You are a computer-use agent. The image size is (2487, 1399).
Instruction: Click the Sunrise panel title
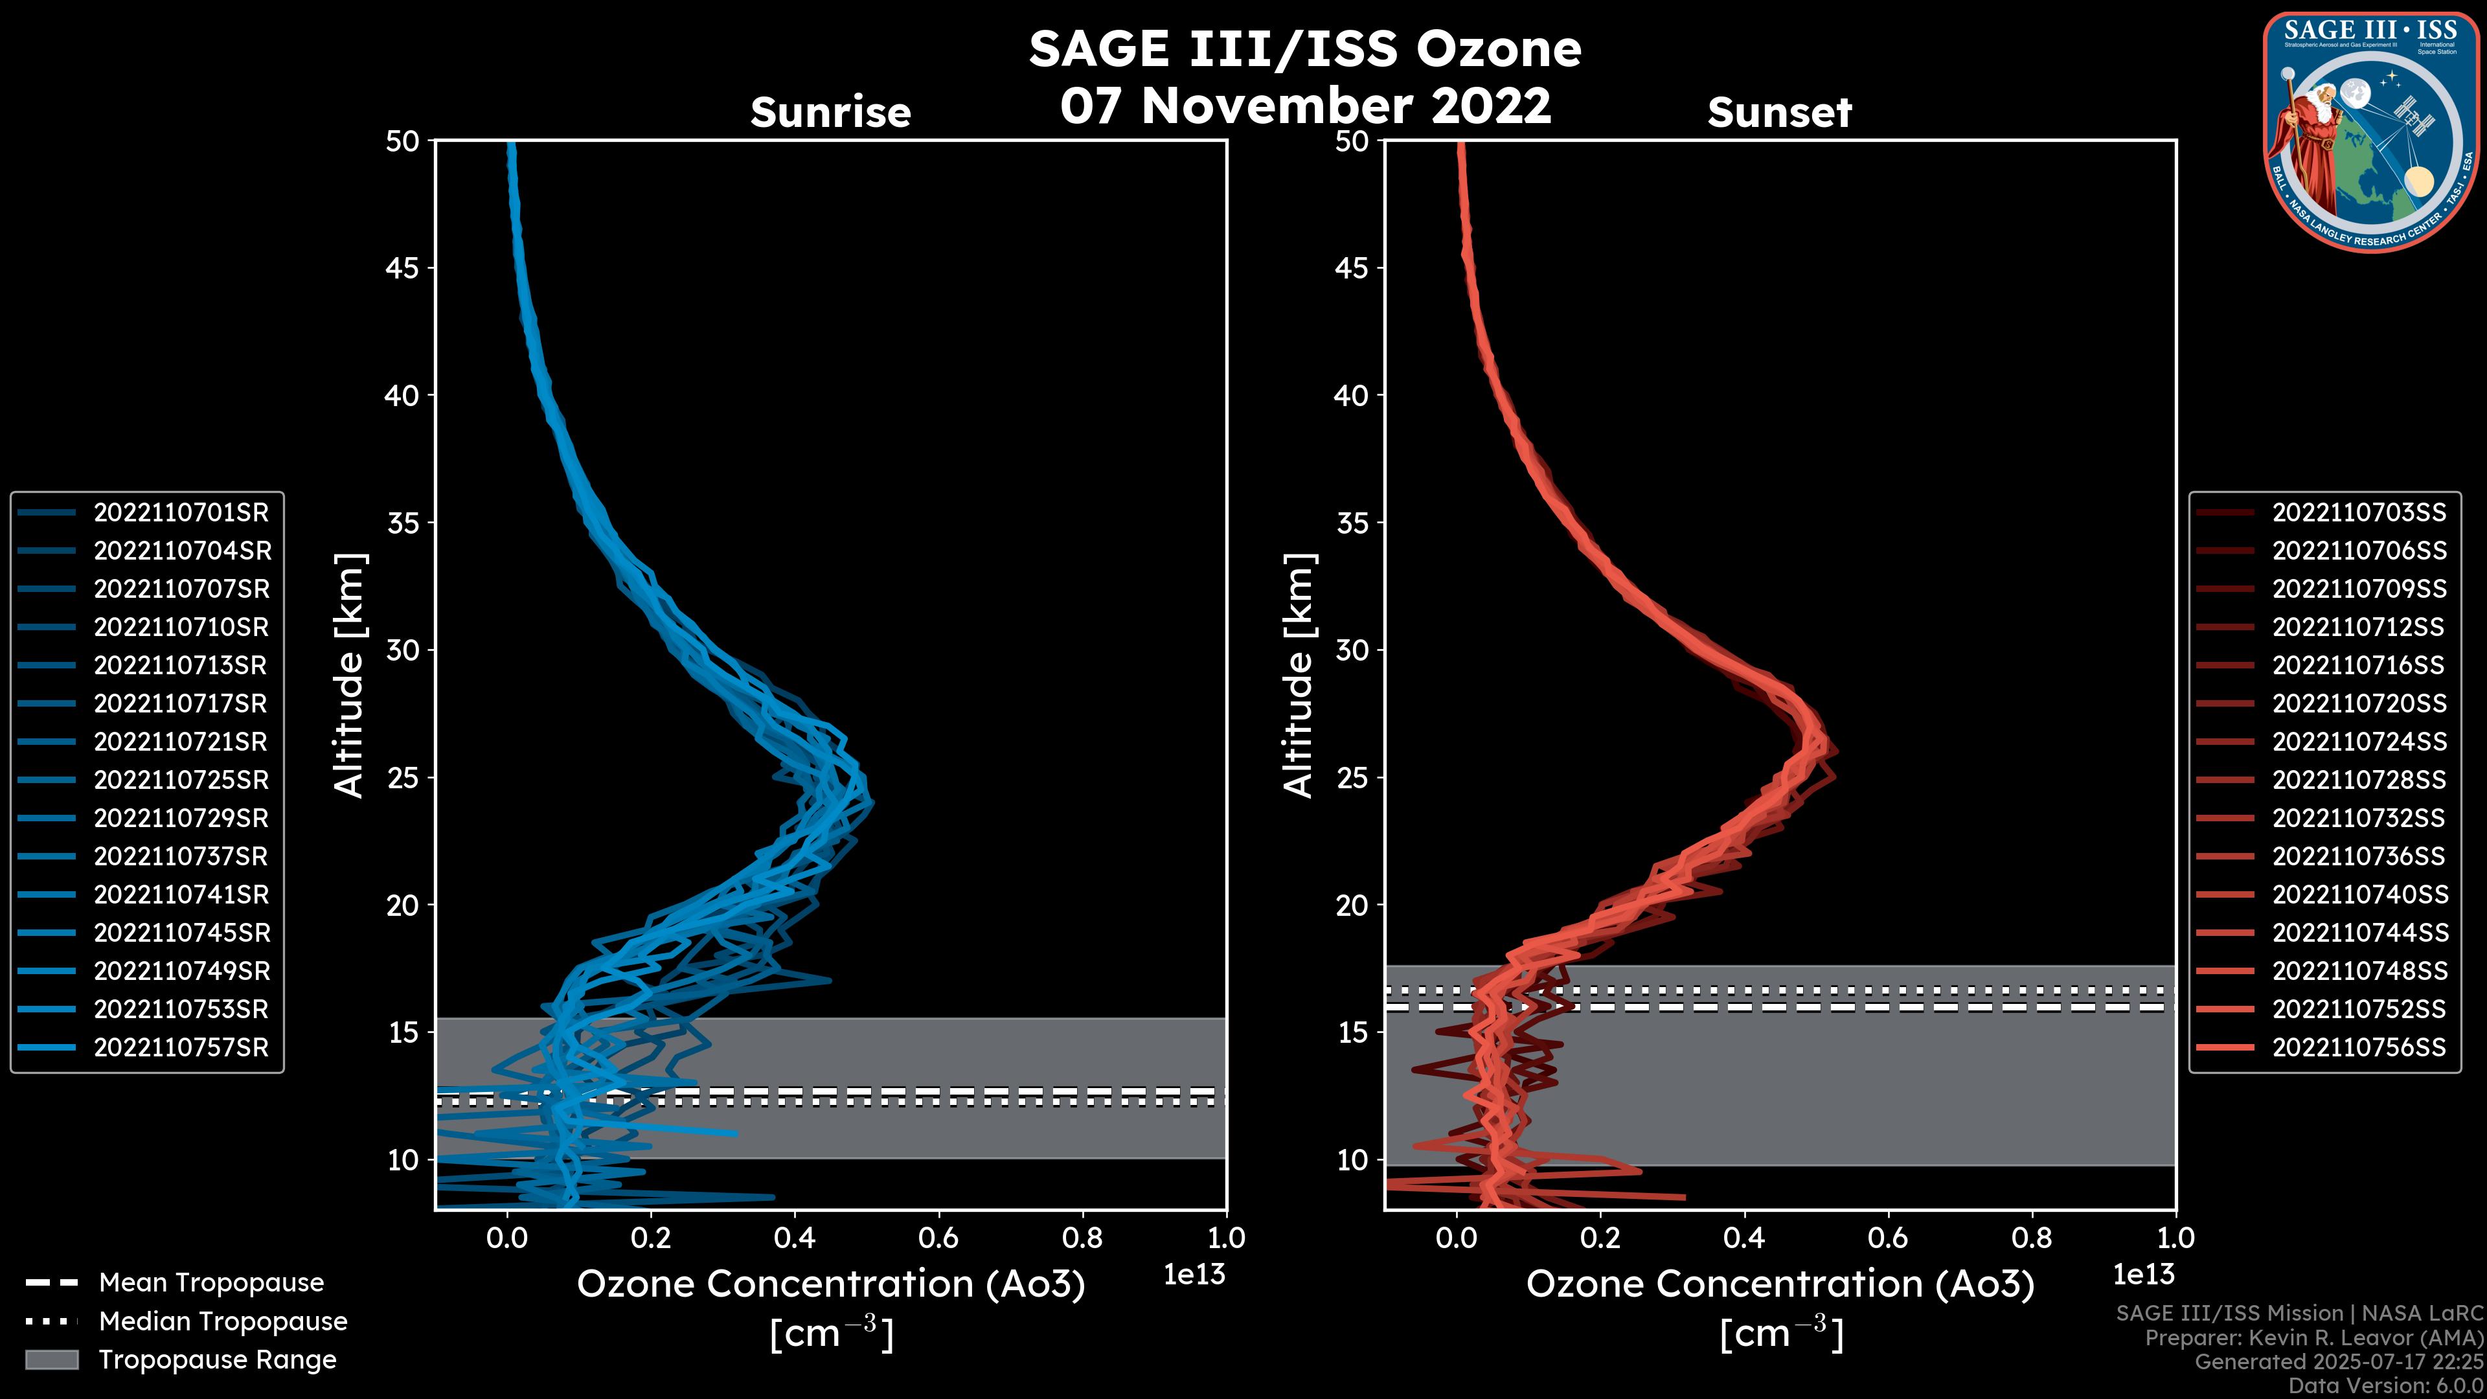pyautogui.click(x=830, y=113)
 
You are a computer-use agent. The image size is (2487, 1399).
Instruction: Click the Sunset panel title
pyautogui.click(x=1779, y=113)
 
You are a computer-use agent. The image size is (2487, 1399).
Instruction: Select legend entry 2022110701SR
pyautogui.click(x=181, y=513)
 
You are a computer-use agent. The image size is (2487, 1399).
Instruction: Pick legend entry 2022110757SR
pyautogui.click(x=181, y=1047)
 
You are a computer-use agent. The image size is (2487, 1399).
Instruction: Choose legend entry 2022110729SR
pyautogui.click(x=181, y=819)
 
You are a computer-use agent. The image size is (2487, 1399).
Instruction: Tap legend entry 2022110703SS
pyautogui.click(x=2359, y=513)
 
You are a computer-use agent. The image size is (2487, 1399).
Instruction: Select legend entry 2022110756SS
pyautogui.click(x=2359, y=1047)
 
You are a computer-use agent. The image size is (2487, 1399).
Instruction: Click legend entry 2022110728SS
pyautogui.click(x=2359, y=780)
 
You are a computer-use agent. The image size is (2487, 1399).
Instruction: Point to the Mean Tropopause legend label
pyautogui.click(x=211, y=1283)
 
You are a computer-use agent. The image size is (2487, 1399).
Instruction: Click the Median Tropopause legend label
pyautogui.click(x=223, y=1322)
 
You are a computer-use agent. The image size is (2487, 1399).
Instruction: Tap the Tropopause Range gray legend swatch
pyautogui.click(x=51, y=1360)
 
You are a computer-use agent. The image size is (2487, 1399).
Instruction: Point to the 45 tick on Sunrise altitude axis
pyautogui.click(x=403, y=268)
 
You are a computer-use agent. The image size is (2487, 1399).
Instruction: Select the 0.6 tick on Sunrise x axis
pyautogui.click(x=938, y=1238)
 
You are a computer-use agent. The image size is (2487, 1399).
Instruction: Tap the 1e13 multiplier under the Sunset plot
pyautogui.click(x=2143, y=1275)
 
